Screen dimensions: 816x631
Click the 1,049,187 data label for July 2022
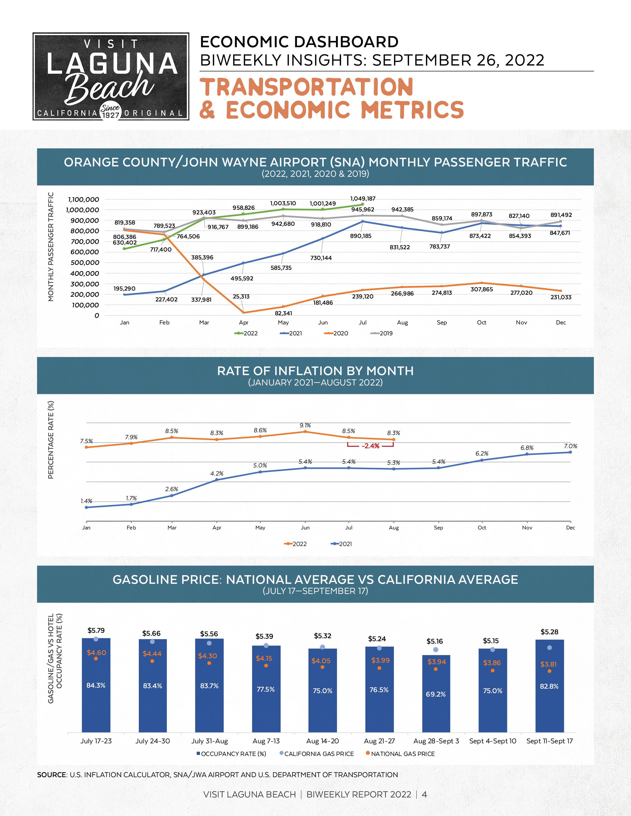(363, 199)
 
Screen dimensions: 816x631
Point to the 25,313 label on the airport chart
(241, 297)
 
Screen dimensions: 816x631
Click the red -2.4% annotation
(370, 446)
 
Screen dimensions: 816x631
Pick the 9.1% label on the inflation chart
(305, 425)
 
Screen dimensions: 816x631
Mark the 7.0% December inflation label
(570, 446)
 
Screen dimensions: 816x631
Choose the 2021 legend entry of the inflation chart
(342, 544)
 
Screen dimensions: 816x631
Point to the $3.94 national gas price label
(437, 662)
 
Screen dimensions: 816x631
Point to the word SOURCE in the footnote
(51, 775)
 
